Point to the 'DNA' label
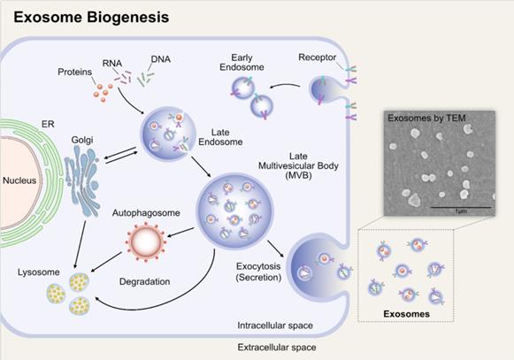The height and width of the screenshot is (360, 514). coord(161,58)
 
